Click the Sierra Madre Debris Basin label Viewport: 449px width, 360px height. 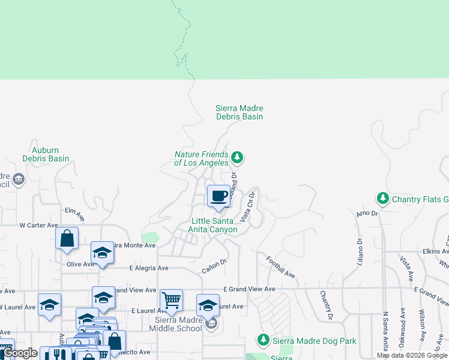click(x=240, y=112)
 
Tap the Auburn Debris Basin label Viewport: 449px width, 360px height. click(x=46, y=154)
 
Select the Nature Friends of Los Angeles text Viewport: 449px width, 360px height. click(x=201, y=158)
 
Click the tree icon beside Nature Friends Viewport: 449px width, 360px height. click(x=238, y=158)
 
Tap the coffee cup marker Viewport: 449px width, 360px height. click(x=218, y=196)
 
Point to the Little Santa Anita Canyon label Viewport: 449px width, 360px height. click(x=214, y=225)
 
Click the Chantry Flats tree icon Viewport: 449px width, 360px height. click(x=382, y=198)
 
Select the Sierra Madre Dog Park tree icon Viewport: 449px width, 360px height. click(x=263, y=340)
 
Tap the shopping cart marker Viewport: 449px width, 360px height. click(x=172, y=300)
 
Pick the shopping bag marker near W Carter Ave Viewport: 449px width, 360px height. click(x=67, y=238)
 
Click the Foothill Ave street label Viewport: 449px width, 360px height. click(x=281, y=267)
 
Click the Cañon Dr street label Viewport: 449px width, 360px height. click(x=213, y=266)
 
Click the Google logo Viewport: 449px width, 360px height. click(x=20, y=353)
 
